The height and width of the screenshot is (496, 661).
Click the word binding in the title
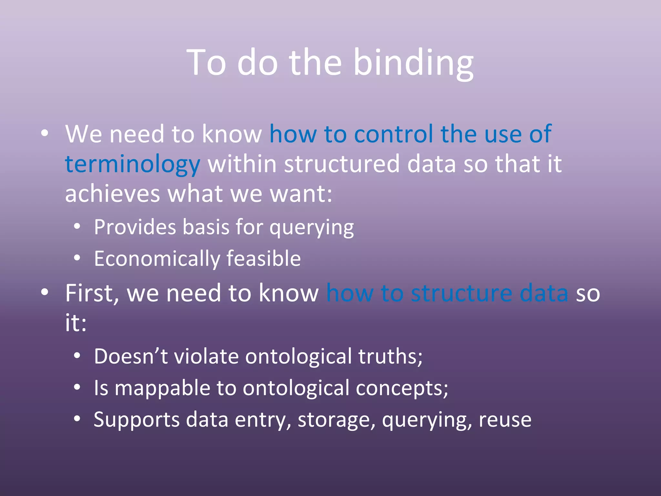pyautogui.click(x=413, y=63)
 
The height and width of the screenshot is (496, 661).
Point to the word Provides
pyautogui.click(x=135, y=227)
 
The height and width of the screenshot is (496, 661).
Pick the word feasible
pyautogui.click(x=263, y=259)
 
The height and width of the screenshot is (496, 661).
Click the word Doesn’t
pyautogui.click(x=131, y=356)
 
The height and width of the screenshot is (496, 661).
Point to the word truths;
pyautogui.click(x=390, y=356)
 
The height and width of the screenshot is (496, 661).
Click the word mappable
pyautogui.click(x=162, y=388)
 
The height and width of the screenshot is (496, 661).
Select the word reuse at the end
pyautogui.click(x=505, y=419)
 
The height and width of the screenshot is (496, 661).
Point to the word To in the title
pyautogui.click(x=207, y=63)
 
